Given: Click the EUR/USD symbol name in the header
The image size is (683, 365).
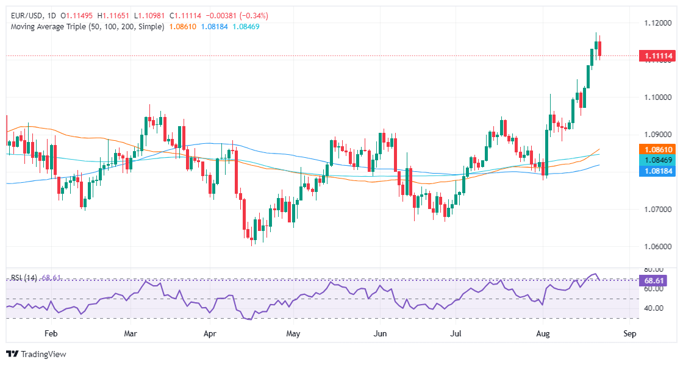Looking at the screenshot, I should [x=28, y=15].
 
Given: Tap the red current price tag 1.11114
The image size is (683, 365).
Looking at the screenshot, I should [x=657, y=56].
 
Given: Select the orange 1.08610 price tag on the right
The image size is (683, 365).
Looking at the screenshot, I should [x=657, y=149].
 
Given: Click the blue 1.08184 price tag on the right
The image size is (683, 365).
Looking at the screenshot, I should [x=657, y=172].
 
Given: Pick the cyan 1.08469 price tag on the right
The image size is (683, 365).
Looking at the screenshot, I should [x=657, y=160].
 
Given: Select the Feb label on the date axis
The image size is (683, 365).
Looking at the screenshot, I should [x=51, y=334].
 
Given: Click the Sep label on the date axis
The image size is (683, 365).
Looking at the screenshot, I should [x=630, y=334].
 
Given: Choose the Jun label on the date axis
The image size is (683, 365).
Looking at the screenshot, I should [x=380, y=334].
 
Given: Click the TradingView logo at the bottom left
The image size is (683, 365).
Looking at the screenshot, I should [x=36, y=354].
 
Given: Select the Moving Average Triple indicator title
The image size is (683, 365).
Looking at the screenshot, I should [x=87, y=27].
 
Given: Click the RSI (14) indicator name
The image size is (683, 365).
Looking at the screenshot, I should [x=24, y=278].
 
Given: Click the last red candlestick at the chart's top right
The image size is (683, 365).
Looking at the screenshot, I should [x=600, y=49].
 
